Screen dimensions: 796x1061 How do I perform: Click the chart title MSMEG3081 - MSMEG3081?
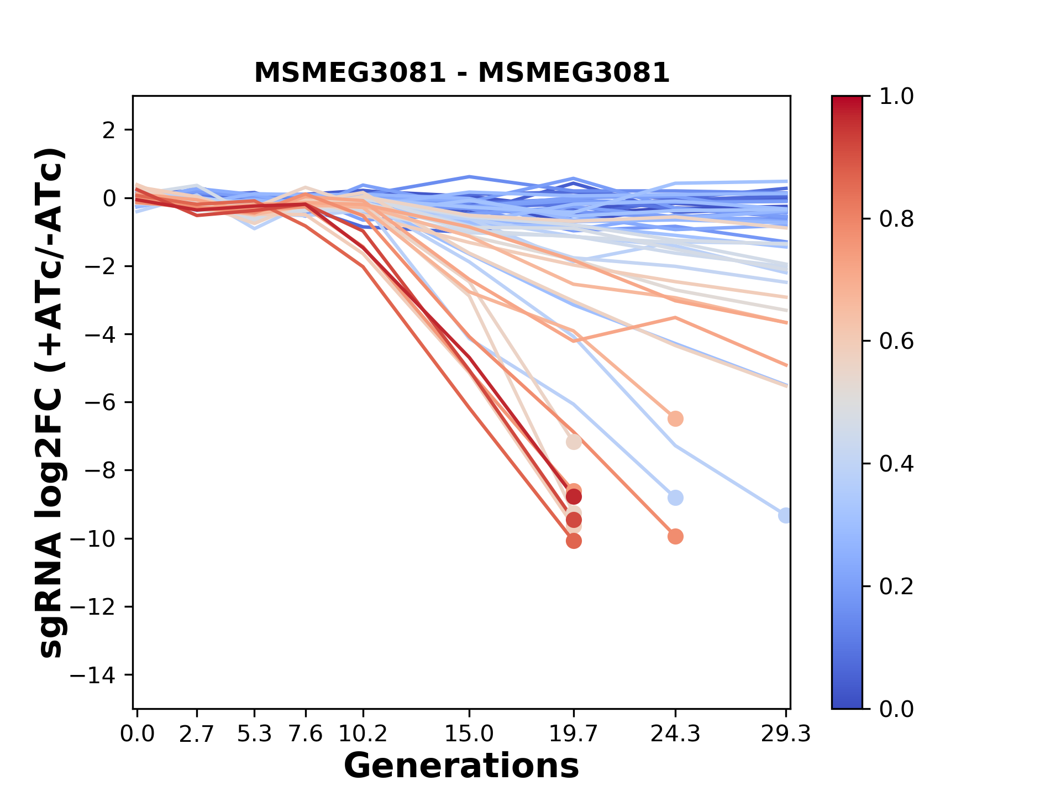tap(461, 73)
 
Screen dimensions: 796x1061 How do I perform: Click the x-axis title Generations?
tap(461, 766)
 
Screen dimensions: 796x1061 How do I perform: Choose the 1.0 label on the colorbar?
tap(896, 97)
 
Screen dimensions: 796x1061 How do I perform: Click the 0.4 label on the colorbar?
tap(896, 464)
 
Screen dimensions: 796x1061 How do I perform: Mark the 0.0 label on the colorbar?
tap(896, 709)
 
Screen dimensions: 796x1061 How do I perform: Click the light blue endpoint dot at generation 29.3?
tap(785, 515)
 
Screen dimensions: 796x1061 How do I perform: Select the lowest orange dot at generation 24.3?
tap(675, 536)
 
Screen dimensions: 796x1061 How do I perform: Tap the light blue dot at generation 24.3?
tap(675, 498)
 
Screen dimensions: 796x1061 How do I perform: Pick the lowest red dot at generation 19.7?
tap(574, 541)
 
